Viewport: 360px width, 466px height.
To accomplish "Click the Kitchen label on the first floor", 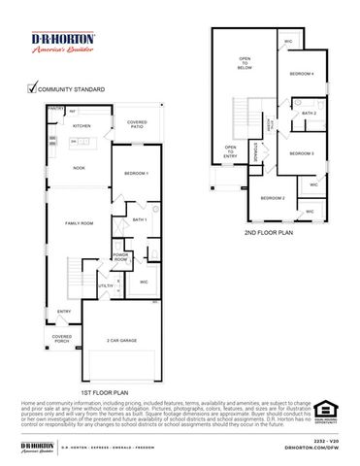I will (82, 126).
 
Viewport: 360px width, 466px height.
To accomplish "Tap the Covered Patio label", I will (137, 124).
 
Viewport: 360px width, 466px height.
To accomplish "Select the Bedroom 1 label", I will (137, 173).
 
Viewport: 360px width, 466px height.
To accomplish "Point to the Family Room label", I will (79, 223).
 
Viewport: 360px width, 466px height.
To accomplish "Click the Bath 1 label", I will (139, 219).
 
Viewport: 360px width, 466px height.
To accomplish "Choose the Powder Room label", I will (120, 258).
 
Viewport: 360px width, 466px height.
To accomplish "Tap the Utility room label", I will (104, 286).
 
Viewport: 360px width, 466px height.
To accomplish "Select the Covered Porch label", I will (62, 340).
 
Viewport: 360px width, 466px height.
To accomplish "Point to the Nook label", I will (79, 168).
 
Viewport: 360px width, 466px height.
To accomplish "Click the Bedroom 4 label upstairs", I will (302, 75).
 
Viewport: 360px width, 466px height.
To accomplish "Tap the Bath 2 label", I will (309, 114).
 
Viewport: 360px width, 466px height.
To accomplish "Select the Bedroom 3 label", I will (302, 153).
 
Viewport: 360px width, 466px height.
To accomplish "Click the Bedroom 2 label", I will (272, 198).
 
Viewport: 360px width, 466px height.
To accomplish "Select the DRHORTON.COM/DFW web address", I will (312, 449).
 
